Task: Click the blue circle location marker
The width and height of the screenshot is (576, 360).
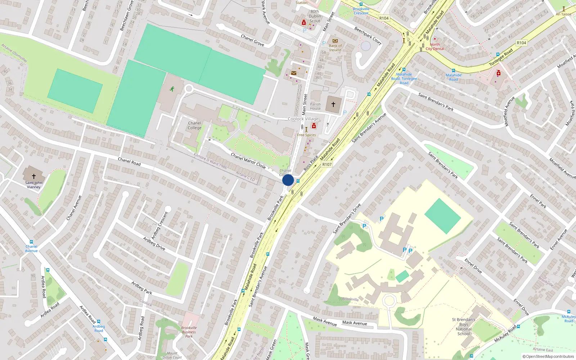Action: coord(288,180)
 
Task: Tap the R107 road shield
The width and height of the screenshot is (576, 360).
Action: coord(327,165)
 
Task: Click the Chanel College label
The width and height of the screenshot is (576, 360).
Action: coord(194,125)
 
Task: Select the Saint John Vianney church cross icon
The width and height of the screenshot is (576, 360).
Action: coord(34,176)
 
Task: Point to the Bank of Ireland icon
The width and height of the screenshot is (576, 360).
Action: coord(335,41)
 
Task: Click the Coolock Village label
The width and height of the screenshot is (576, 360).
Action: coord(303,119)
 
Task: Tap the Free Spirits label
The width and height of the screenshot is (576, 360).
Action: coord(306,135)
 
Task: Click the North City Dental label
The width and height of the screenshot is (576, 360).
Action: coord(435,47)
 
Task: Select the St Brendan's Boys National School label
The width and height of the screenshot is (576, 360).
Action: coord(464,327)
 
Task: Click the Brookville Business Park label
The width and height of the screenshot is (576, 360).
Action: coord(189,332)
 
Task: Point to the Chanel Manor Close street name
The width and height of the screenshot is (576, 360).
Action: coord(248,161)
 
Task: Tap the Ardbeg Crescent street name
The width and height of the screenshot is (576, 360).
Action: coord(159,226)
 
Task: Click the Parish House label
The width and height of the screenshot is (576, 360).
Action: coord(315,106)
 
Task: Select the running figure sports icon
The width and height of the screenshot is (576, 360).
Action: coord(172,89)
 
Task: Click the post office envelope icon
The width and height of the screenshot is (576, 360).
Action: coord(294,73)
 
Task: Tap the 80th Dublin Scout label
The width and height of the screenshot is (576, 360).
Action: coord(315,16)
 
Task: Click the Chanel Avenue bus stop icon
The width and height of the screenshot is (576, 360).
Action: coord(31,242)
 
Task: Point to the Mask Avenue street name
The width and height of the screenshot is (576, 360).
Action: coord(325,321)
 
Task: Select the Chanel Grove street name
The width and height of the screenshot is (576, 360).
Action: coord(252,40)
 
